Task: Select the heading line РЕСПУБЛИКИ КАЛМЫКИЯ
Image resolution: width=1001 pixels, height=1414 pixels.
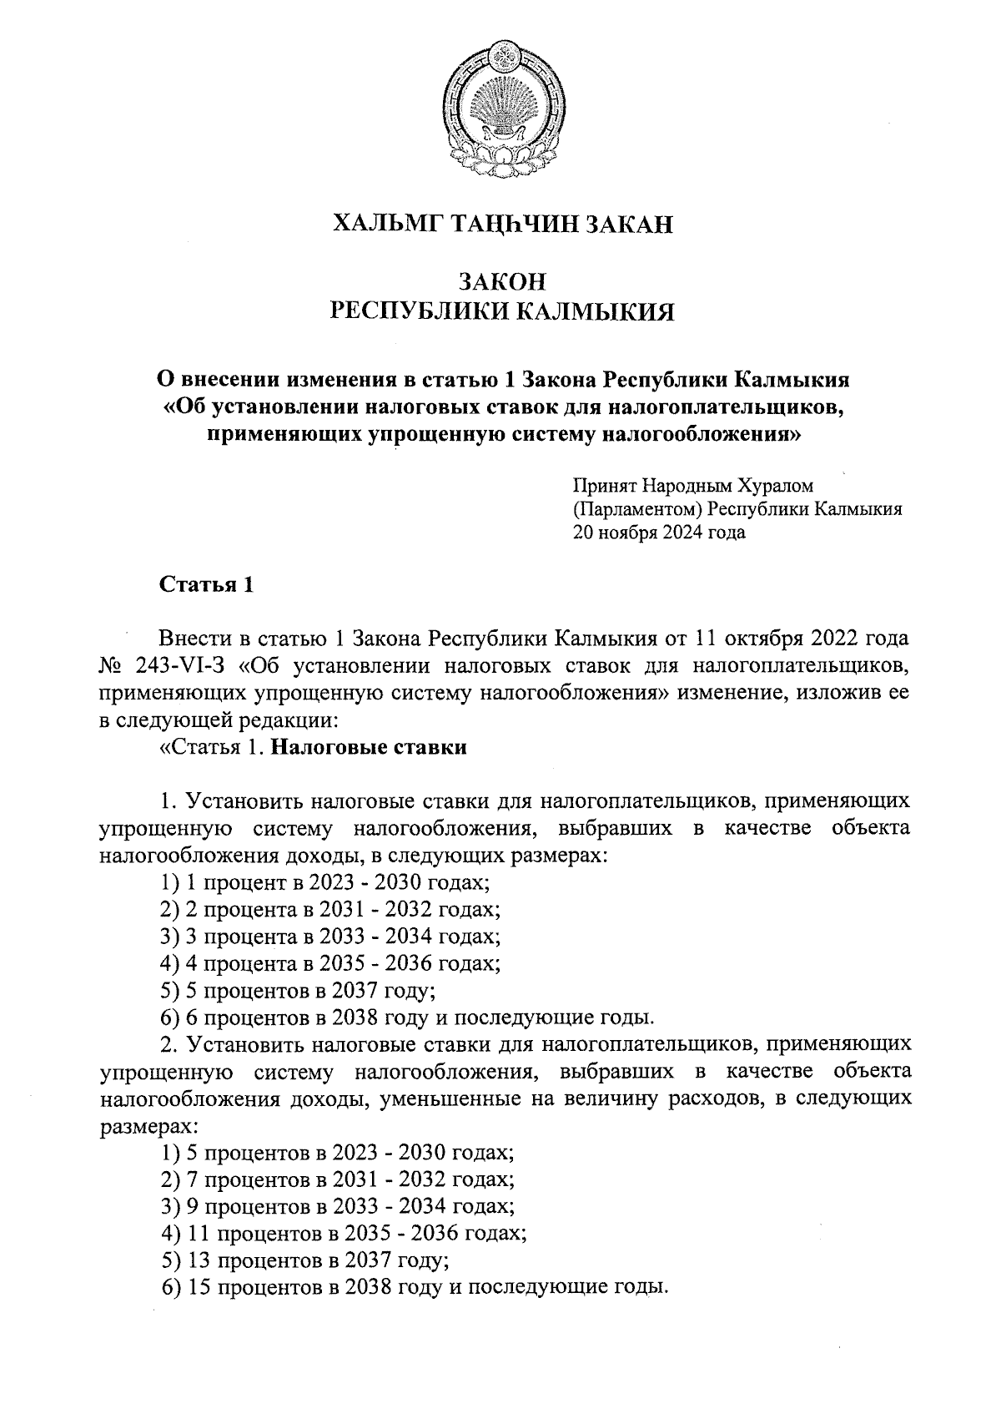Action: click(502, 312)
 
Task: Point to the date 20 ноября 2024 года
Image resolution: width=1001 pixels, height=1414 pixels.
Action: click(658, 533)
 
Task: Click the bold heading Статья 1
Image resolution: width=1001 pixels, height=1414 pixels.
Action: click(205, 585)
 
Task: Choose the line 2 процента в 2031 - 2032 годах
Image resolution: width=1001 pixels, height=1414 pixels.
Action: click(330, 909)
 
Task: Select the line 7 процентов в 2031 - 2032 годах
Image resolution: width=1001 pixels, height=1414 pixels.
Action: click(337, 1179)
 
